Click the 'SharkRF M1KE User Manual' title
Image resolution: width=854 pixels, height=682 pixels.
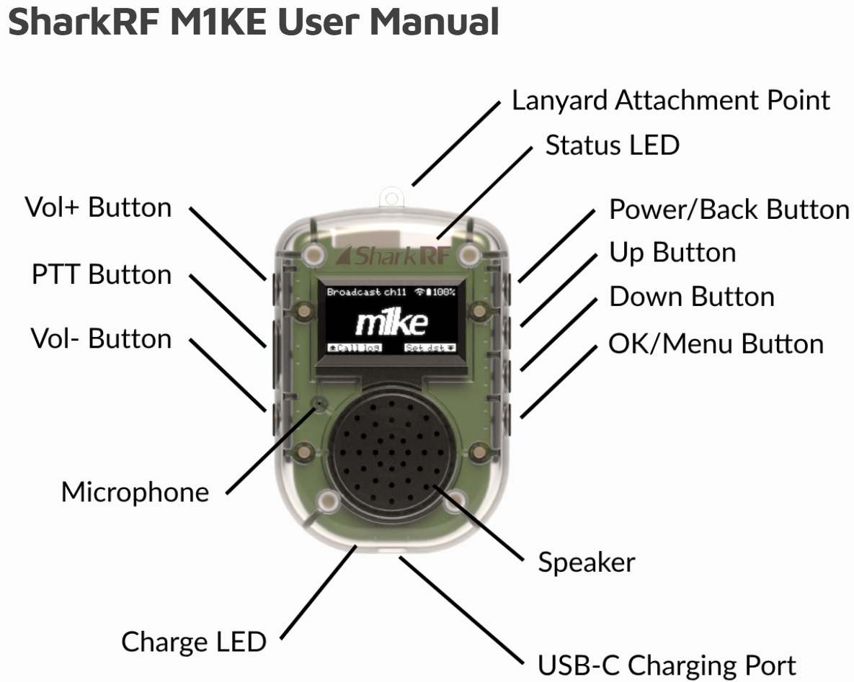pyautogui.click(x=253, y=22)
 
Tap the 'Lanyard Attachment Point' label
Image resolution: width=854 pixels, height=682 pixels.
pyautogui.click(x=670, y=100)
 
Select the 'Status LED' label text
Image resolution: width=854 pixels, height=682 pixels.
pyautogui.click(x=612, y=145)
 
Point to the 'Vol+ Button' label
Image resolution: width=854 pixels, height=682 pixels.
pyautogui.click(x=99, y=207)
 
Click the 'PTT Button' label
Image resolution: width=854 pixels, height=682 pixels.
pyautogui.click(x=102, y=274)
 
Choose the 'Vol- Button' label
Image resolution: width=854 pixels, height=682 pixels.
pyautogui.click(x=101, y=338)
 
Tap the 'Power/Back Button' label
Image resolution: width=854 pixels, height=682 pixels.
pyautogui.click(x=729, y=209)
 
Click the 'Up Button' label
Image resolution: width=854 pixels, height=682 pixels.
pyautogui.click(x=672, y=253)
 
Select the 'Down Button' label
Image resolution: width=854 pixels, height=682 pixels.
pyautogui.click(x=692, y=297)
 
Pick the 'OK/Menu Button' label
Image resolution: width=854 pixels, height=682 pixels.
pyautogui.click(x=716, y=344)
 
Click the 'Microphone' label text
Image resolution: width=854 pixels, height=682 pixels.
pyautogui.click(x=135, y=493)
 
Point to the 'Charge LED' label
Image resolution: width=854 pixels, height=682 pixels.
pyautogui.click(x=194, y=641)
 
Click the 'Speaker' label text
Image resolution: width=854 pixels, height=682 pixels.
pyautogui.click(x=587, y=562)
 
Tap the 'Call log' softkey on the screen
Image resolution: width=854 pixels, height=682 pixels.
pyautogui.click(x=354, y=347)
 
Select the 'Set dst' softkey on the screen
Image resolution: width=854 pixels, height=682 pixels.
pyautogui.click(x=430, y=347)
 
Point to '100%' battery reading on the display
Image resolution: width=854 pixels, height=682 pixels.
pyautogui.click(x=442, y=292)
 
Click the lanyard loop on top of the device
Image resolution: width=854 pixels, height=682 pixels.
pyautogui.click(x=392, y=195)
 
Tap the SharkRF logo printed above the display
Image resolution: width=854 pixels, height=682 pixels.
pyautogui.click(x=393, y=254)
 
